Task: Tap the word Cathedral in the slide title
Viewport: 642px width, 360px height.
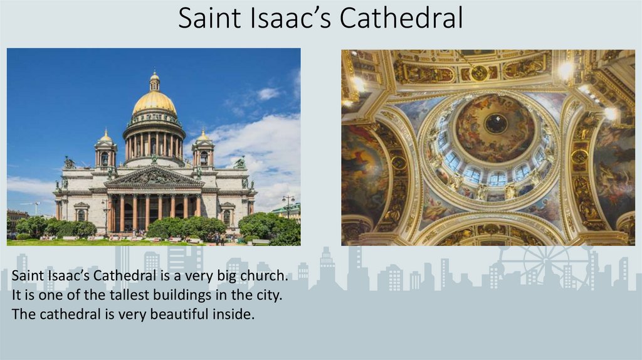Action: (401, 18)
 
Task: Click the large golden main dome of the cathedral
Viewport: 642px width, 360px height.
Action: (154, 102)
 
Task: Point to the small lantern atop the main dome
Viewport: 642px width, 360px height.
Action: (154, 81)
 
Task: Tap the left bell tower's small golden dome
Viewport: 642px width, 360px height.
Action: (105, 136)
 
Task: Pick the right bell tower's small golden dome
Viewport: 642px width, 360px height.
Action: (203, 136)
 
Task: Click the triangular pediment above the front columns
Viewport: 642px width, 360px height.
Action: (154, 177)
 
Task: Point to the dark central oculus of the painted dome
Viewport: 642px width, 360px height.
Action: (495, 124)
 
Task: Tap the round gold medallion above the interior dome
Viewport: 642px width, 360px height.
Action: (480, 73)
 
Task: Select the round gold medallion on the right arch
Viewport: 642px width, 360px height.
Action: (579, 157)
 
